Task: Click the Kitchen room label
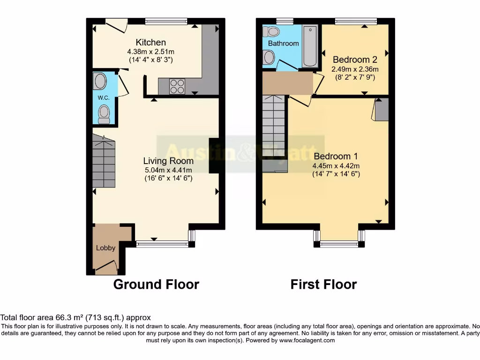pyautogui.click(x=150, y=42)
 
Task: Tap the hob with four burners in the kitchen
pyautogui.click(x=177, y=87)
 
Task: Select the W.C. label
pyautogui.click(x=104, y=97)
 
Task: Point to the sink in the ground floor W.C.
pyautogui.click(x=100, y=81)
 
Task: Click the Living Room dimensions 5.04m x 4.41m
pyautogui.click(x=167, y=170)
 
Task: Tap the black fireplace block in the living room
pyautogui.click(x=213, y=156)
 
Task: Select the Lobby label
pyautogui.click(x=105, y=248)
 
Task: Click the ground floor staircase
pyautogui.click(x=104, y=161)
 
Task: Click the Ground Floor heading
pyautogui.click(x=156, y=284)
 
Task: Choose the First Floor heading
pyautogui.click(x=323, y=284)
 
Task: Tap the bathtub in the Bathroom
pyautogui.click(x=310, y=47)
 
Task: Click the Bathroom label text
pyautogui.click(x=283, y=43)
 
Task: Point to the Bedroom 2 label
pyautogui.click(x=355, y=60)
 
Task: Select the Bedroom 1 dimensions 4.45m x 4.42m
pyautogui.click(x=336, y=165)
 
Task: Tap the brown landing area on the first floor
pyautogui.click(x=287, y=83)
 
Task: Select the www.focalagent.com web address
pyautogui.click(x=307, y=340)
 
